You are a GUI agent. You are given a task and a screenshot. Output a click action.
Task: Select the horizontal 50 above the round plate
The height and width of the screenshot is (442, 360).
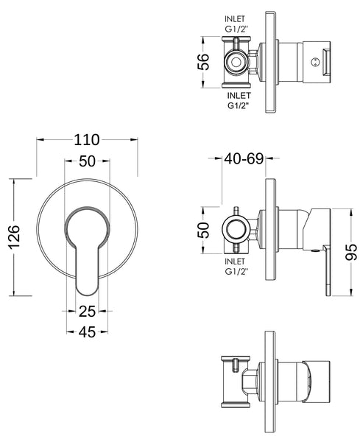point(87,164)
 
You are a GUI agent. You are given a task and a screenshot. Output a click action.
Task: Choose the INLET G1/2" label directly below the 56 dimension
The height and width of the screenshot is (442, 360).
point(237,99)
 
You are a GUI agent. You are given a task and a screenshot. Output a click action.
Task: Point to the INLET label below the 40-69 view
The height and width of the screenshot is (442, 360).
point(236,262)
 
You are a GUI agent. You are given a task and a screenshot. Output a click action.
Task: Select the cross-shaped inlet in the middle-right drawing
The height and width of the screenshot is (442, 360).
point(234,227)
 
